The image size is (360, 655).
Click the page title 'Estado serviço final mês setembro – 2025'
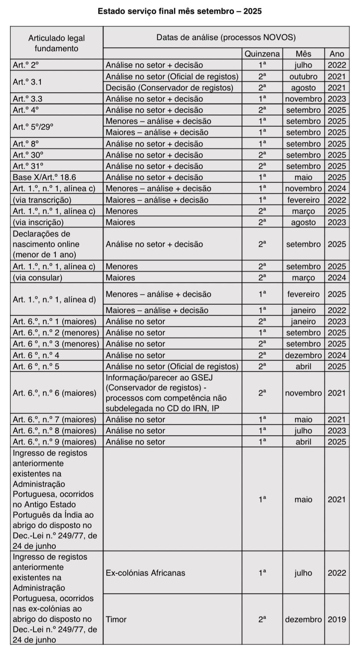click(179, 11)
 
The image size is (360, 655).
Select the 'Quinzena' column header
click(262, 54)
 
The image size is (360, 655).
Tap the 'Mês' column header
click(303, 54)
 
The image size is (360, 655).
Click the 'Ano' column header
click(337, 54)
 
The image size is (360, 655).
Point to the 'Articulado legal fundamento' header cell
click(56, 43)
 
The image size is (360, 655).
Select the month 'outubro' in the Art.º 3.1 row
click(303, 76)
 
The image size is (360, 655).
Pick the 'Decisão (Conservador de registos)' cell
click(169, 88)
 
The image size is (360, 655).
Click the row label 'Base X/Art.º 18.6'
click(44, 177)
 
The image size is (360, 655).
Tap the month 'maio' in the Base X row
click(303, 177)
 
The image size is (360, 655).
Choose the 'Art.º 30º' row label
click(28, 155)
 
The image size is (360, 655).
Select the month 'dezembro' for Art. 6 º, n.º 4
click(303, 355)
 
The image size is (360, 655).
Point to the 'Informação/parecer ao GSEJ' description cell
click(166, 393)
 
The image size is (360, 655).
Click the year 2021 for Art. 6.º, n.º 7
click(337, 419)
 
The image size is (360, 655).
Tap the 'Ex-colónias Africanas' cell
click(145, 573)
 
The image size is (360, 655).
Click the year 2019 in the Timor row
click(337, 619)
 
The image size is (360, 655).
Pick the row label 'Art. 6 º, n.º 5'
click(36, 366)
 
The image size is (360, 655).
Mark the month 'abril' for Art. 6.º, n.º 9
click(303, 442)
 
